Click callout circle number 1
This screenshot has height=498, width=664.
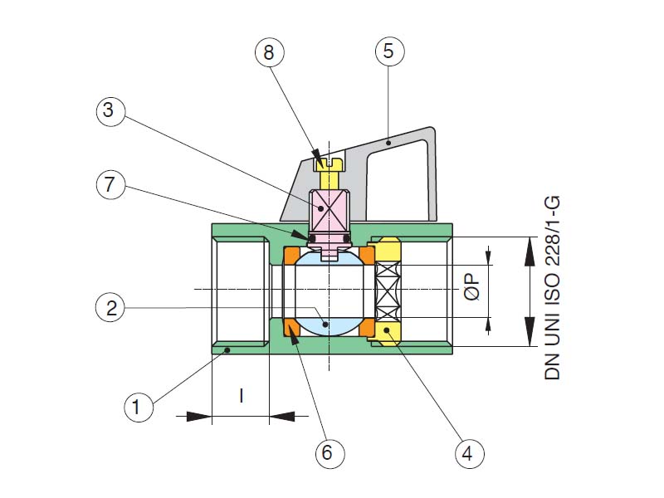pos(139,408)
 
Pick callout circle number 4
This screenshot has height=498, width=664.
pos(468,453)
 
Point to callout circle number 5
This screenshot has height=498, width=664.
pos(389,52)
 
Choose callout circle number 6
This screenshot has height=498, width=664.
pos(327,453)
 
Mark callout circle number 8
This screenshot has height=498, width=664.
pos(269,52)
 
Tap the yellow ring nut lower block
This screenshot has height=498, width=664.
pos(388,332)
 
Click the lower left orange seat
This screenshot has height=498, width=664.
pos(292,328)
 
